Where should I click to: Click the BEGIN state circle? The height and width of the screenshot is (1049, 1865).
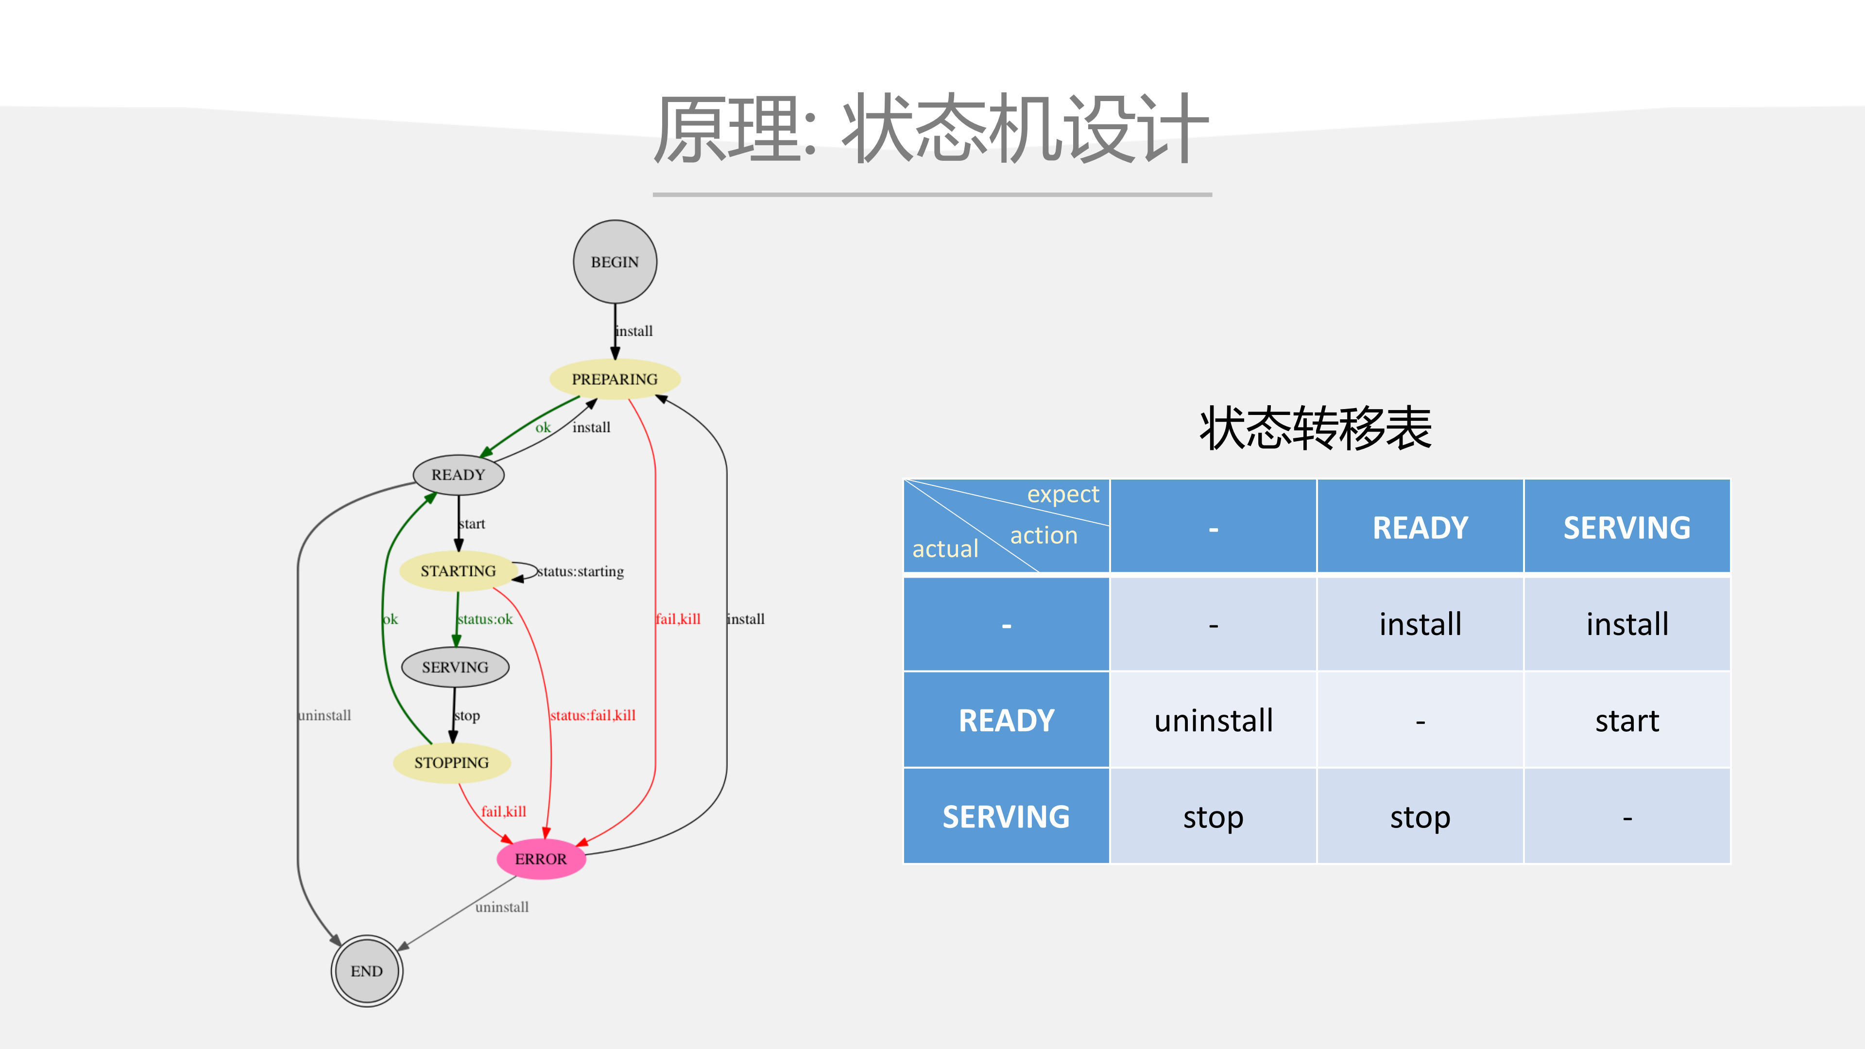615,262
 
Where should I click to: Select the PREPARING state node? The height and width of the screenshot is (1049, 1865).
615,379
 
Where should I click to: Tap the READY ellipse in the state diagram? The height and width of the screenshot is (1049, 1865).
458,475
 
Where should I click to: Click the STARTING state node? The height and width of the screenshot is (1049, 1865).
458,571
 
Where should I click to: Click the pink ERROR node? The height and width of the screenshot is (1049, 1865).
541,860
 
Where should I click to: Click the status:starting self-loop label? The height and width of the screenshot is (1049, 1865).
581,572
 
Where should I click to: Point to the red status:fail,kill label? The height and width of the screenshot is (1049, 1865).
592,715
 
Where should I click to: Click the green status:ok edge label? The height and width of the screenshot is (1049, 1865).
485,619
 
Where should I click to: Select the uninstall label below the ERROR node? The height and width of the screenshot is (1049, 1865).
502,907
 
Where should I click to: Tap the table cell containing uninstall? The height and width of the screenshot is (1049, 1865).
1214,721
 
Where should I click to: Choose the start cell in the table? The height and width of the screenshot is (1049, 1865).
1627,721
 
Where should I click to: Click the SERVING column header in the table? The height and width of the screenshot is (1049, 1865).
1627,527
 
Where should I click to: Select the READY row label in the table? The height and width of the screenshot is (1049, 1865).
1007,721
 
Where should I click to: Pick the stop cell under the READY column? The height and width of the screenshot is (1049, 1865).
1420,817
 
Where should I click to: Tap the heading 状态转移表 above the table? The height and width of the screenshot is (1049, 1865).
1316,429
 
